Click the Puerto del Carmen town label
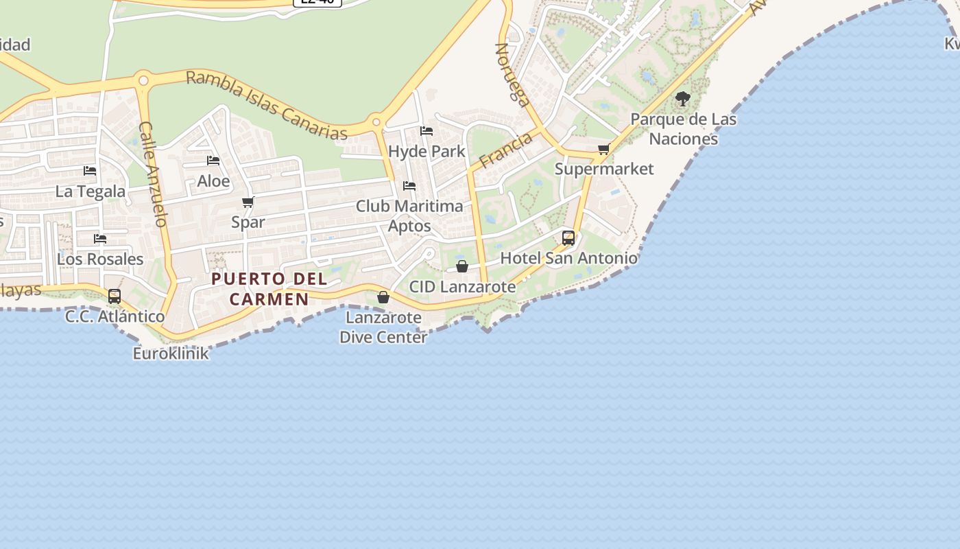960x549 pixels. pyautogui.click(x=269, y=289)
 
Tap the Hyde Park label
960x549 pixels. pyautogui.click(x=427, y=151)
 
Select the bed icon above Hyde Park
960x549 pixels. pyautogui.click(x=427, y=130)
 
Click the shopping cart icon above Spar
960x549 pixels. pyautogui.click(x=248, y=202)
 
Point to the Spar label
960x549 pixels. pyautogui.click(x=248, y=222)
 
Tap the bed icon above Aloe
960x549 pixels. pyautogui.click(x=213, y=161)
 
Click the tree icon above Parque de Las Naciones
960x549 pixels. pyautogui.click(x=682, y=99)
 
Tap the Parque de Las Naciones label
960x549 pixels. pyautogui.click(x=683, y=129)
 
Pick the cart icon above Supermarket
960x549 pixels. pyautogui.click(x=603, y=149)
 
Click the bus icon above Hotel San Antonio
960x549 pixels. pyautogui.click(x=568, y=238)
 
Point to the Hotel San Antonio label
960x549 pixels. pyautogui.click(x=568, y=259)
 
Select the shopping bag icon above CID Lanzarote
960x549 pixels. pyautogui.click(x=462, y=266)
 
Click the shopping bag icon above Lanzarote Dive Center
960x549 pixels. pyautogui.click(x=383, y=297)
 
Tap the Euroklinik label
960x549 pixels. pyautogui.click(x=171, y=354)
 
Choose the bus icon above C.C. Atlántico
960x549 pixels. pyautogui.click(x=115, y=296)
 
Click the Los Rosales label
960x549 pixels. pyautogui.click(x=100, y=259)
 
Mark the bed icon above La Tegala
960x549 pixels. pyautogui.click(x=90, y=171)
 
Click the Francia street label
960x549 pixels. pyautogui.click(x=506, y=150)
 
